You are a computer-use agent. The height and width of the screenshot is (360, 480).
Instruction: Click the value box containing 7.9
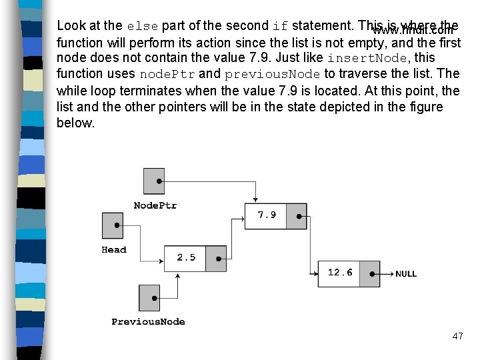[x=267, y=215]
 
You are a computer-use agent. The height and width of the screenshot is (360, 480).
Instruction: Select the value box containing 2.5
[x=185, y=257]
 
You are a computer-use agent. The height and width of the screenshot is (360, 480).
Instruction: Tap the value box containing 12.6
[x=339, y=273]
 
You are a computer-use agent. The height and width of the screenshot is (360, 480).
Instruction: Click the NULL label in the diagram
[x=406, y=274]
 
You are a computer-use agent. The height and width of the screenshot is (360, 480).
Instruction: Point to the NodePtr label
[x=155, y=205]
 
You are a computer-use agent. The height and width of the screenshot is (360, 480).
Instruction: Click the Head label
[x=114, y=250]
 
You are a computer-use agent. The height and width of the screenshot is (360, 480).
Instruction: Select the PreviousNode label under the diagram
[x=148, y=322]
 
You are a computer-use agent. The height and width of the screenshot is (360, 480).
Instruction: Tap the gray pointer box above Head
[x=113, y=225]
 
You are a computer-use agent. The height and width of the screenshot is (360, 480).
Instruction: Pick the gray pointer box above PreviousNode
[x=150, y=297]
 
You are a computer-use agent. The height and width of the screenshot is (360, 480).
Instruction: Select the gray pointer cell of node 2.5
[x=217, y=257]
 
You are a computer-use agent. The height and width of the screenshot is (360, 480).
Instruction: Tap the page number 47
[x=457, y=336]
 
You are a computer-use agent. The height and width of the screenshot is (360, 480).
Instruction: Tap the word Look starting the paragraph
[x=70, y=26]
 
